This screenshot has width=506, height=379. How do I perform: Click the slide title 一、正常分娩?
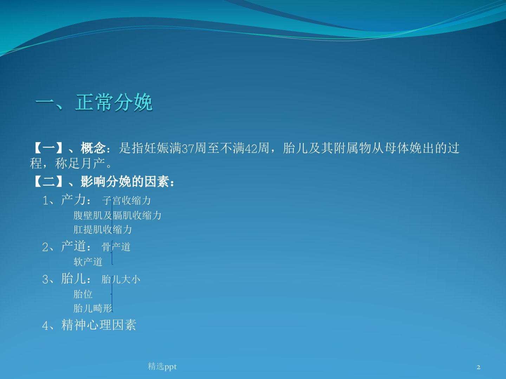pos(94,102)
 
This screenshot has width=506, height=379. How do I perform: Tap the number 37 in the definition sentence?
pos(188,148)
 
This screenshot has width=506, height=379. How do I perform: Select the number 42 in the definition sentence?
pos(251,148)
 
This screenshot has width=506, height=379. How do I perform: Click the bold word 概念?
pos(93,148)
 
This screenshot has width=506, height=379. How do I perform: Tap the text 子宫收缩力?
pos(126,200)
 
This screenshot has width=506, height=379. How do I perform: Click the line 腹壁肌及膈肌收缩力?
pos(117,215)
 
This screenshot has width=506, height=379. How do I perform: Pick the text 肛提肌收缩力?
pos(103,230)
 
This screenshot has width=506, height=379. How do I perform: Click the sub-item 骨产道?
pos(116,247)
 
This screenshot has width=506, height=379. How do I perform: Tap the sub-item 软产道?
pos(88,262)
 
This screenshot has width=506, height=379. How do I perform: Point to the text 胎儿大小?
pos(121,279)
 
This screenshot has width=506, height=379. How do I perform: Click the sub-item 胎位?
pos(83,294)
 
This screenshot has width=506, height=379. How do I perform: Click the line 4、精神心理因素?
pos(89,325)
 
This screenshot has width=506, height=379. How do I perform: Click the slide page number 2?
pos(479,367)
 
